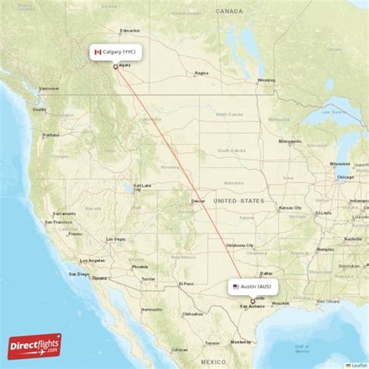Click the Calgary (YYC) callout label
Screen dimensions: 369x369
coord(116,52)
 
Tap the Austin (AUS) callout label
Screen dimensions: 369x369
coord(252,286)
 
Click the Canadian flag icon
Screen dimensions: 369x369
coord(98,52)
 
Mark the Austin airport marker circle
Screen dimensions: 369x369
coord(251,300)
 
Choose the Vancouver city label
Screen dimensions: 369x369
coord(48,87)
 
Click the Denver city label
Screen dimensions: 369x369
coord(198,202)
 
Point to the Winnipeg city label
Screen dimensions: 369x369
coord(265,79)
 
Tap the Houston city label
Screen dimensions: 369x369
coord(281,302)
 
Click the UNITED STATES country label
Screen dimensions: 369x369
coord(238,201)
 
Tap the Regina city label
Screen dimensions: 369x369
coord(202,73)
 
